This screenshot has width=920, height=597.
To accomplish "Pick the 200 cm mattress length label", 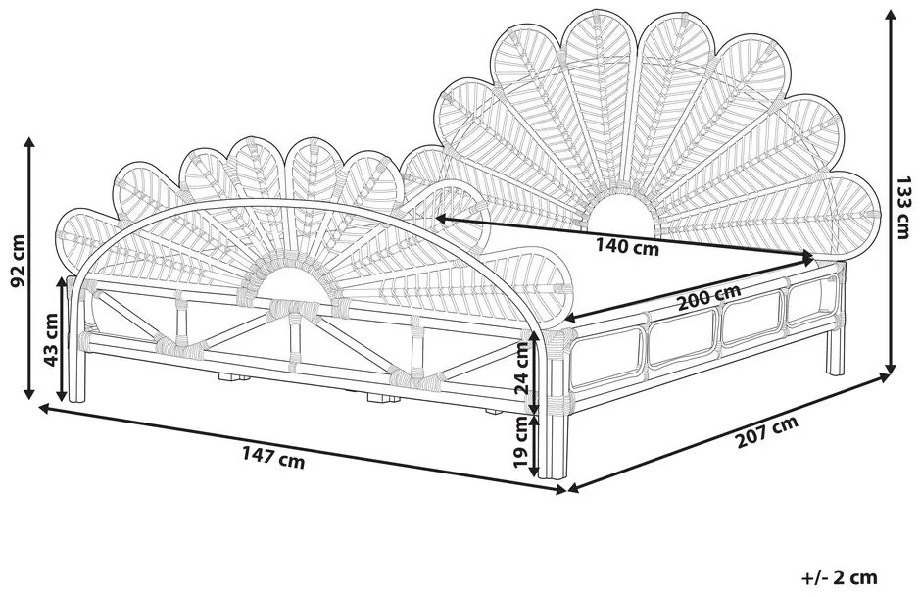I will (x=709, y=295).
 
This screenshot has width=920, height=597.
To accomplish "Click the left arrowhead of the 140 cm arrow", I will (x=438, y=217).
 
